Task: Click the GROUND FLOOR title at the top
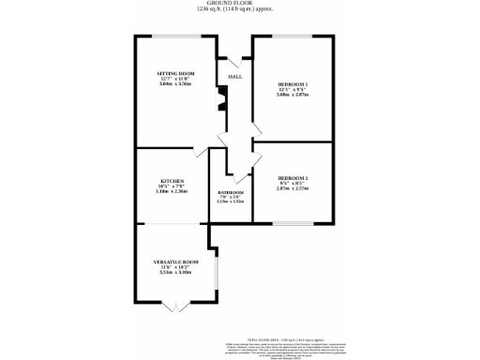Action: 240,3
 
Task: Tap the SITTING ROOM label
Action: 173,72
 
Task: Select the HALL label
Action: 235,77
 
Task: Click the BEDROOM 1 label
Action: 292,83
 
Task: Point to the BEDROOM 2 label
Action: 292,177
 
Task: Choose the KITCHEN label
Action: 172,180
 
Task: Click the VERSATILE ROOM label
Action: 176,262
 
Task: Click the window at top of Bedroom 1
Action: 292,37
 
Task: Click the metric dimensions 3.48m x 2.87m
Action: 292,95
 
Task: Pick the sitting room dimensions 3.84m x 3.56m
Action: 173,83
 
